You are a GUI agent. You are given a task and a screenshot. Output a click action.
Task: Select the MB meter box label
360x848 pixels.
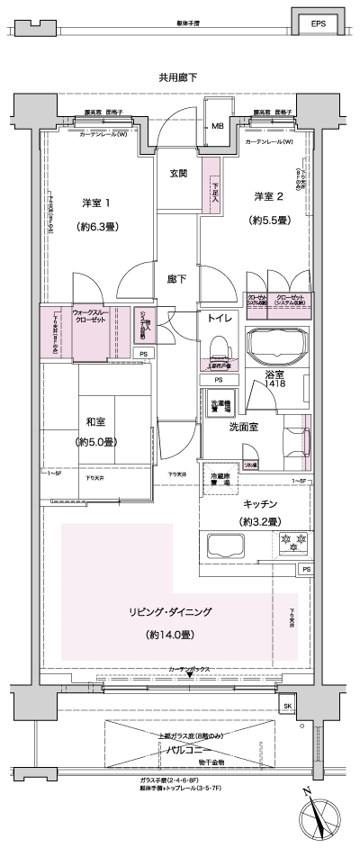(x=218, y=127)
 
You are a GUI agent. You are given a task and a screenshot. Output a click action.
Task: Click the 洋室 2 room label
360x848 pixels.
(x=268, y=196)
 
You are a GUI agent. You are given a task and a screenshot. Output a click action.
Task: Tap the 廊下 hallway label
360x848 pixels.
(x=177, y=280)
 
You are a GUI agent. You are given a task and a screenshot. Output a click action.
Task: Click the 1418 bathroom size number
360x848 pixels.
(x=274, y=384)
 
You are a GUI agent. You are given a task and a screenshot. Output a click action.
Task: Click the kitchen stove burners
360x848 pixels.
(x=293, y=543)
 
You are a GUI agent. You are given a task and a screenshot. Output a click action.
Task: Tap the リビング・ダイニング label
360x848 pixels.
(x=171, y=611)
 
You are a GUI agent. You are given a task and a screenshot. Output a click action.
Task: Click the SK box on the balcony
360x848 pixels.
(x=288, y=705)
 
